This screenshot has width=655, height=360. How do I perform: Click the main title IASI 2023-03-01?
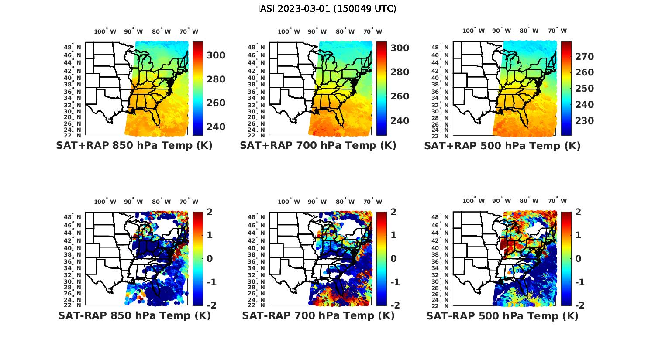point(327,9)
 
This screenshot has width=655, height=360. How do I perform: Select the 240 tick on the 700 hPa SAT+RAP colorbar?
point(400,120)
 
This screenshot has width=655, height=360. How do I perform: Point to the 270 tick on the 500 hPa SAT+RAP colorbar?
point(584,57)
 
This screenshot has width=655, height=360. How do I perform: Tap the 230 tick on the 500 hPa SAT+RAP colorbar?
point(584,121)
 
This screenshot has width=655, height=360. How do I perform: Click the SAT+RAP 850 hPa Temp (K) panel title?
point(134,145)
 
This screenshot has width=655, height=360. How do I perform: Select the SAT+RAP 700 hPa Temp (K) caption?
point(318,145)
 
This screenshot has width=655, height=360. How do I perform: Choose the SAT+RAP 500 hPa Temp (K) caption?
point(502,146)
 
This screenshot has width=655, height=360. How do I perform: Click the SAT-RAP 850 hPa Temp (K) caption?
point(134,315)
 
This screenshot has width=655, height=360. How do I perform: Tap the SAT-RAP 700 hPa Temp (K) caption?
point(318,315)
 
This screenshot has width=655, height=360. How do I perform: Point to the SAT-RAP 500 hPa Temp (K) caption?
point(502,316)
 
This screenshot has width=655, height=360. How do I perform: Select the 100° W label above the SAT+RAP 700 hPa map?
point(289,31)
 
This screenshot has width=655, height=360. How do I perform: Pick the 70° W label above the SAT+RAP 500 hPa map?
point(557,31)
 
